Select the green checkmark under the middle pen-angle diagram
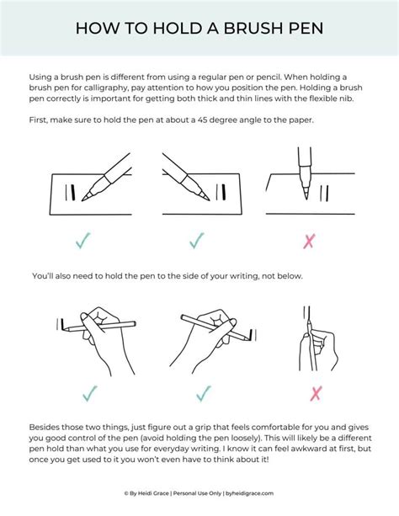tap(197, 241)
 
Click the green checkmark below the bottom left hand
tap(89, 392)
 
